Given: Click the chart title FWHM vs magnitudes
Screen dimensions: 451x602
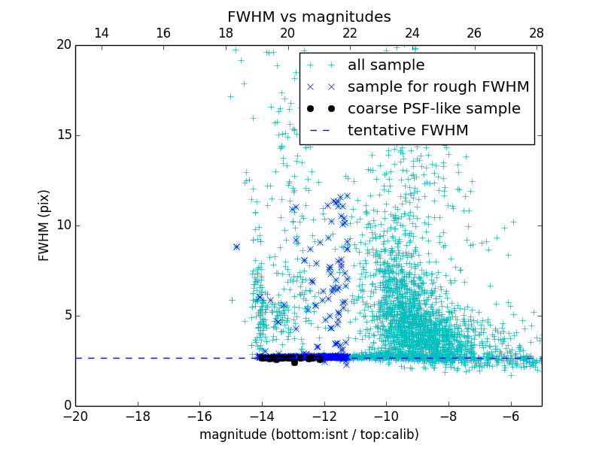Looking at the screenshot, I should (x=309, y=17).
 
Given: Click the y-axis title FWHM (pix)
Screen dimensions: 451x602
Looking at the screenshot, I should (x=44, y=225).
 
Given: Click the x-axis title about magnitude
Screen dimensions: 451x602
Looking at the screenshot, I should (x=309, y=434).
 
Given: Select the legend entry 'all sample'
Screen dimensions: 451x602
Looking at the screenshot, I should (x=386, y=65).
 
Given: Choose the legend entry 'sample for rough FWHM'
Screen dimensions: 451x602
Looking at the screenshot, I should (x=438, y=87).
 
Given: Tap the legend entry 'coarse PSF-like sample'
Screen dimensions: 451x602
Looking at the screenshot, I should (x=433, y=109).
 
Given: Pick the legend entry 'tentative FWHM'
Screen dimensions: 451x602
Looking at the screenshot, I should (x=408, y=131).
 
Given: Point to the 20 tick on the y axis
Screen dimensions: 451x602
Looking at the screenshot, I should (x=62, y=45).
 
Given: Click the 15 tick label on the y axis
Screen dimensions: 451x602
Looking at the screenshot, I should (x=62, y=135).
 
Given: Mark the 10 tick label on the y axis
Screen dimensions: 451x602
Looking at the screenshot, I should (x=62, y=225).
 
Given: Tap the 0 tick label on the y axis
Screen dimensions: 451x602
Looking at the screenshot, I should (x=66, y=406).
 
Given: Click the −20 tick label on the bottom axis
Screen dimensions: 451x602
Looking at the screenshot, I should (x=75, y=416).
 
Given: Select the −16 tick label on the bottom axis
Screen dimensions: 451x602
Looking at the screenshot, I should (x=199, y=416).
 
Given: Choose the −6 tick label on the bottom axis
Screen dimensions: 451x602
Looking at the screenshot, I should (x=510, y=416).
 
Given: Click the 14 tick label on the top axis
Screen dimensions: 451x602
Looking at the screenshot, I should (x=101, y=33).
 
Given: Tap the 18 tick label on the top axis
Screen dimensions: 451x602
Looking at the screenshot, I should (x=225, y=33).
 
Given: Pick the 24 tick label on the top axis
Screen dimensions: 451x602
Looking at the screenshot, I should (x=412, y=33).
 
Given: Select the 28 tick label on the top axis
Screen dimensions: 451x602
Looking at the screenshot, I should (x=536, y=33).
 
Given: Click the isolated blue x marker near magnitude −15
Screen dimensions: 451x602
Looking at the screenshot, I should (x=236, y=247).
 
